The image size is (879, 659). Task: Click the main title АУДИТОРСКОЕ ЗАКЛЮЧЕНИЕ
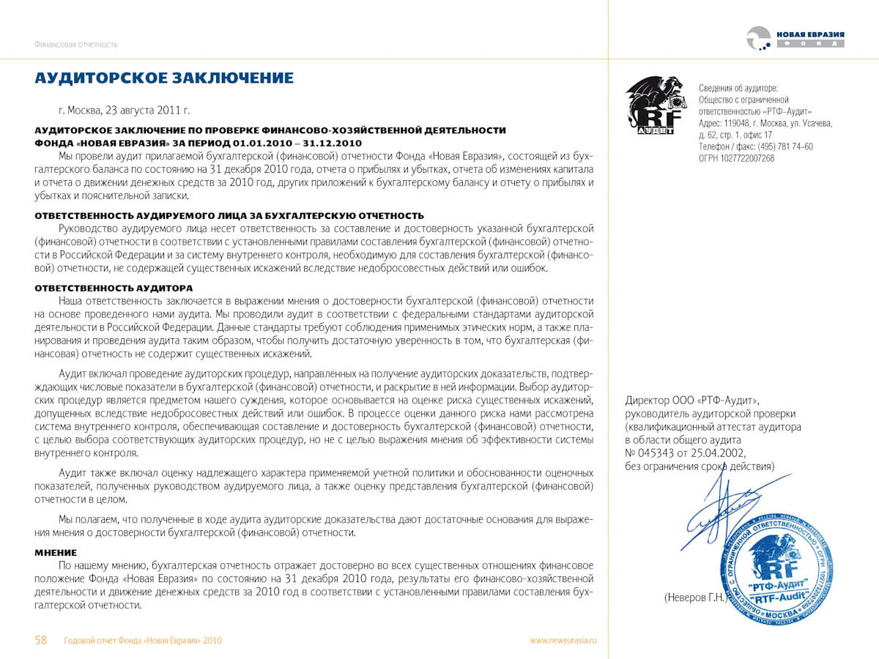(x=164, y=78)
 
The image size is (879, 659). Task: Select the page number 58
(x=41, y=640)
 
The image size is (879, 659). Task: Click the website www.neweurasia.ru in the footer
(x=563, y=641)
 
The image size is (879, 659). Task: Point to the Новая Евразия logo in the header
(x=795, y=39)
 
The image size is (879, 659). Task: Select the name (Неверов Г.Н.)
(x=694, y=597)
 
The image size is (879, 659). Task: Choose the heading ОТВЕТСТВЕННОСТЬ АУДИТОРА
(x=114, y=288)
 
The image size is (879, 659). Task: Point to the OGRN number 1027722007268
(x=736, y=158)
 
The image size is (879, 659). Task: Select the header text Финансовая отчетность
(x=75, y=45)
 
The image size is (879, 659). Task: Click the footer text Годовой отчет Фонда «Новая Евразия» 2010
(x=143, y=641)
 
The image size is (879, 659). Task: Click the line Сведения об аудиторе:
(x=738, y=88)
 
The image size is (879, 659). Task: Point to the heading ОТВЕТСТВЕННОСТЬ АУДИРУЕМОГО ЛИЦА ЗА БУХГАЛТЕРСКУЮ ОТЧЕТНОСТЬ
(x=229, y=215)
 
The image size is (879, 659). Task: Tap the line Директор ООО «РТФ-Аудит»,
(x=693, y=401)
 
